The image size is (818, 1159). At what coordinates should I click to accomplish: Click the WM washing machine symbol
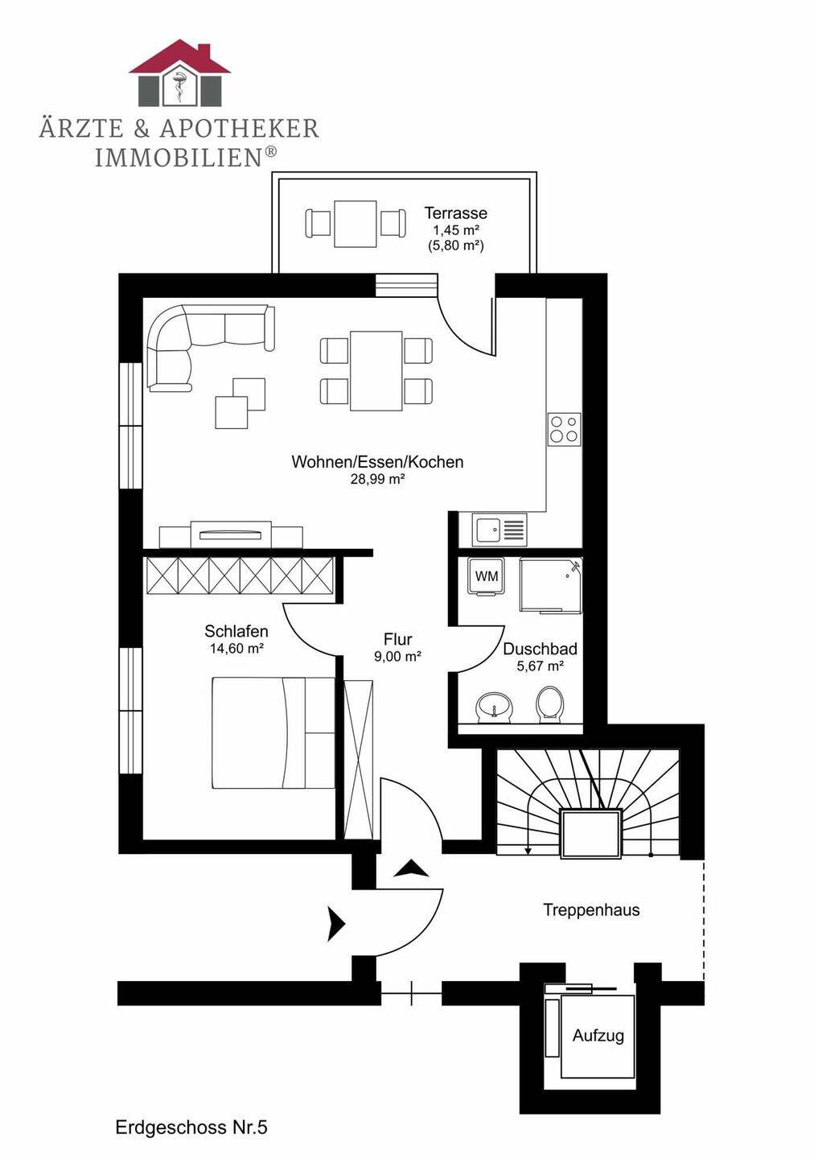pos(487,577)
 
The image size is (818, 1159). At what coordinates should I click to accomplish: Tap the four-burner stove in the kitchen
pos(564,429)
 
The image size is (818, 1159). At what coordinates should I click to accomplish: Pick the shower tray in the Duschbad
pos(551,585)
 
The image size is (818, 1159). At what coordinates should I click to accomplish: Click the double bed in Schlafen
pos(273,732)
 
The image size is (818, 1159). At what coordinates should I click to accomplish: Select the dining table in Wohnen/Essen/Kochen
pos(376,370)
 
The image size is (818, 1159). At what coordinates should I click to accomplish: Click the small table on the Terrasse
pos(356,224)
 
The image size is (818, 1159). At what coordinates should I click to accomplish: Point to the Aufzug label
pos(598,1035)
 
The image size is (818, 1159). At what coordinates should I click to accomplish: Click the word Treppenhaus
pos(591,909)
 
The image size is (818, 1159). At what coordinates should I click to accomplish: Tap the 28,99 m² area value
pos(377,479)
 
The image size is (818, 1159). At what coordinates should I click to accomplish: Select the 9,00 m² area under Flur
pos(397,657)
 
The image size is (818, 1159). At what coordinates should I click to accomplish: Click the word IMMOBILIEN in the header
pos(179,157)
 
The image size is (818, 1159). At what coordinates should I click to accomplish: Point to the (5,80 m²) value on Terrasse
pos(455,245)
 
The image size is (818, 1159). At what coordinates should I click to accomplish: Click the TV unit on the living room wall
pos(231,534)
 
